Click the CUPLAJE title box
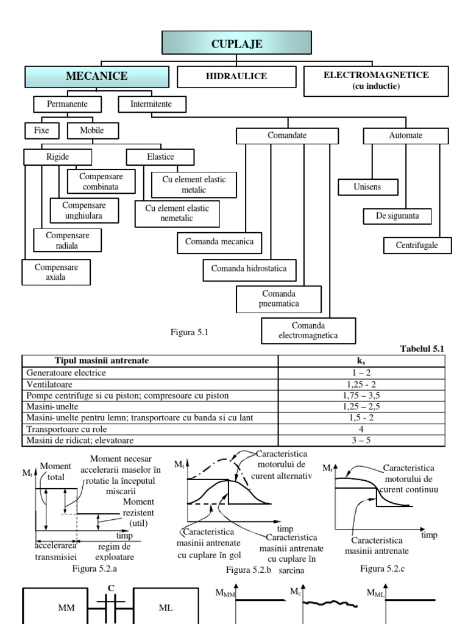point(236,43)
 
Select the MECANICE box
point(96,77)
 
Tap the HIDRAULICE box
point(236,77)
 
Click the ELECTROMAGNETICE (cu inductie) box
point(376,81)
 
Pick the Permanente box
point(63,104)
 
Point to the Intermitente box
point(151,104)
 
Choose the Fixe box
point(41,130)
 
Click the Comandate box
point(287,135)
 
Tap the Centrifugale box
point(419,246)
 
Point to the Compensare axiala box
point(55,272)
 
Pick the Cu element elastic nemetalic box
point(177,213)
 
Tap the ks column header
point(361,361)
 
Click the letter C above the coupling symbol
point(111,587)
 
